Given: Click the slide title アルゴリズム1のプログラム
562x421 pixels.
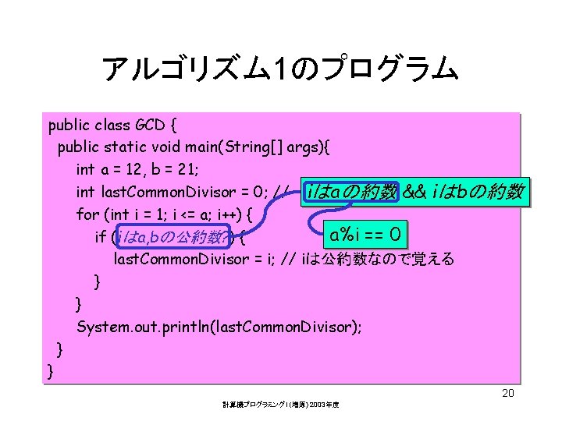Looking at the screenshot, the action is pyautogui.click(x=279, y=70).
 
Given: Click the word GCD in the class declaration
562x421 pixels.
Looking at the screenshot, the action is pyautogui.click(x=151, y=125).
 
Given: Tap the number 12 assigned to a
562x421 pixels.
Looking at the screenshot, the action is pyautogui.click(x=137, y=169).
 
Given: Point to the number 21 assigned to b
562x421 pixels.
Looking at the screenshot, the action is pyautogui.click(x=183, y=169).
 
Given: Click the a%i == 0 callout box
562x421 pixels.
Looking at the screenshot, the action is pyautogui.click(x=365, y=234).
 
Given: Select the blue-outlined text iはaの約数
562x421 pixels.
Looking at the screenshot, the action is pyautogui.click(x=352, y=192).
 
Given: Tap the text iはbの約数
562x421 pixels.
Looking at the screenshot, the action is pyautogui.click(x=478, y=192).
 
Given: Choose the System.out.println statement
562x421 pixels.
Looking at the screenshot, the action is pyautogui.click(x=219, y=327).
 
